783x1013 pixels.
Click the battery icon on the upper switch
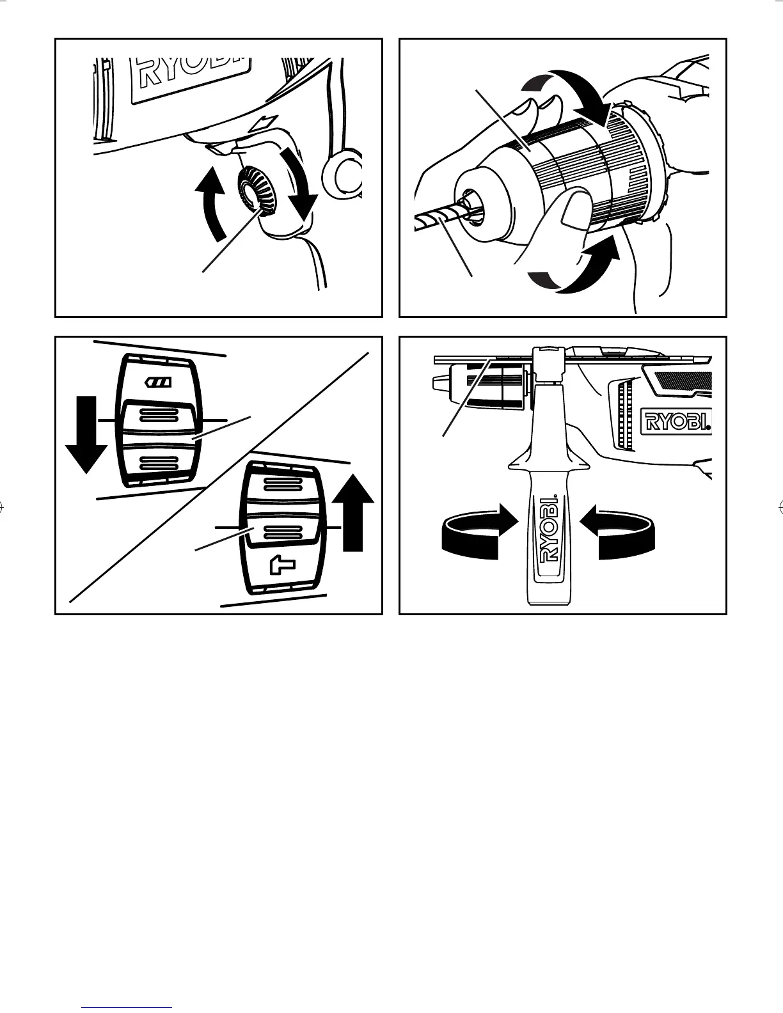[157, 382]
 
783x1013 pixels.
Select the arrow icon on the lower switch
[280, 565]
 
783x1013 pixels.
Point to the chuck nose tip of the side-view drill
[439, 382]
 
